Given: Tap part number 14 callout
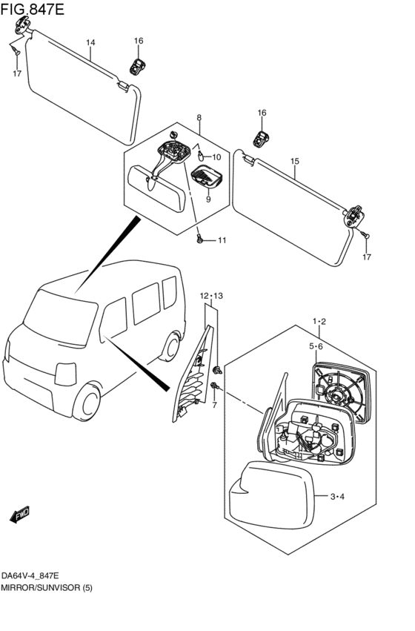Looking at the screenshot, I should pyautogui.click(x=90, y=43).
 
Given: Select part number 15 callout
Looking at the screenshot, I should pyautogui.click(x=294, y=161).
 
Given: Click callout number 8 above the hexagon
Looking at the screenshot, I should pyautogui.click(x=199, y=118).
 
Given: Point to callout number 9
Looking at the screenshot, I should pyautogui.click(x=208, y=199).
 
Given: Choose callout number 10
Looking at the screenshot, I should pyautogui.click(x=216, y=157).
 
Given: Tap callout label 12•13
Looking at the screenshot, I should pyautogui.click(x=210, y=296).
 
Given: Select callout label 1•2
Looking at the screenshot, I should pyautogui.click(x=319, y=321).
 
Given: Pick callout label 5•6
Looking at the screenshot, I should pyautogui.click(x=316, y=346).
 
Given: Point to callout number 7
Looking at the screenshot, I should pyautogui.click(x=214, y=405).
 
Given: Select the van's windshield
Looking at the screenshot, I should pyautogui.click(x=59, y=312).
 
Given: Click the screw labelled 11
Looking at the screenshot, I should pyautogui.click(x=200, y=239).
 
